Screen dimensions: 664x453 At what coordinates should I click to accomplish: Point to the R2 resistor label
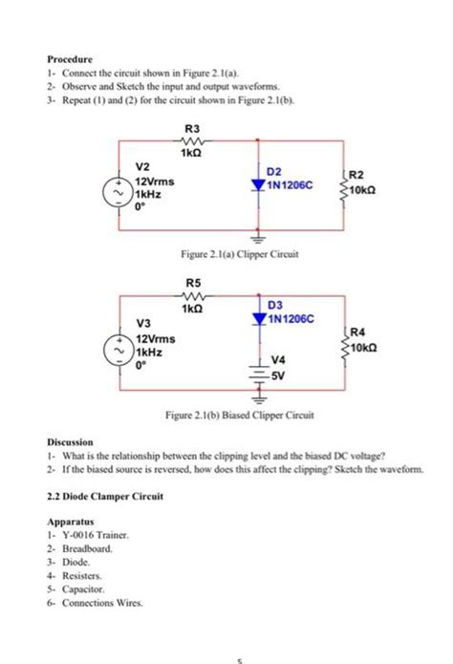pos(356,176)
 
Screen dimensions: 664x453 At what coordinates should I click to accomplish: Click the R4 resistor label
pos(356,332)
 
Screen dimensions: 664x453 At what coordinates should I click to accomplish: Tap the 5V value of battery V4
pos(280,375)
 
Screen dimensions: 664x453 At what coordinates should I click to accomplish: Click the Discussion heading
pos(71,443)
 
